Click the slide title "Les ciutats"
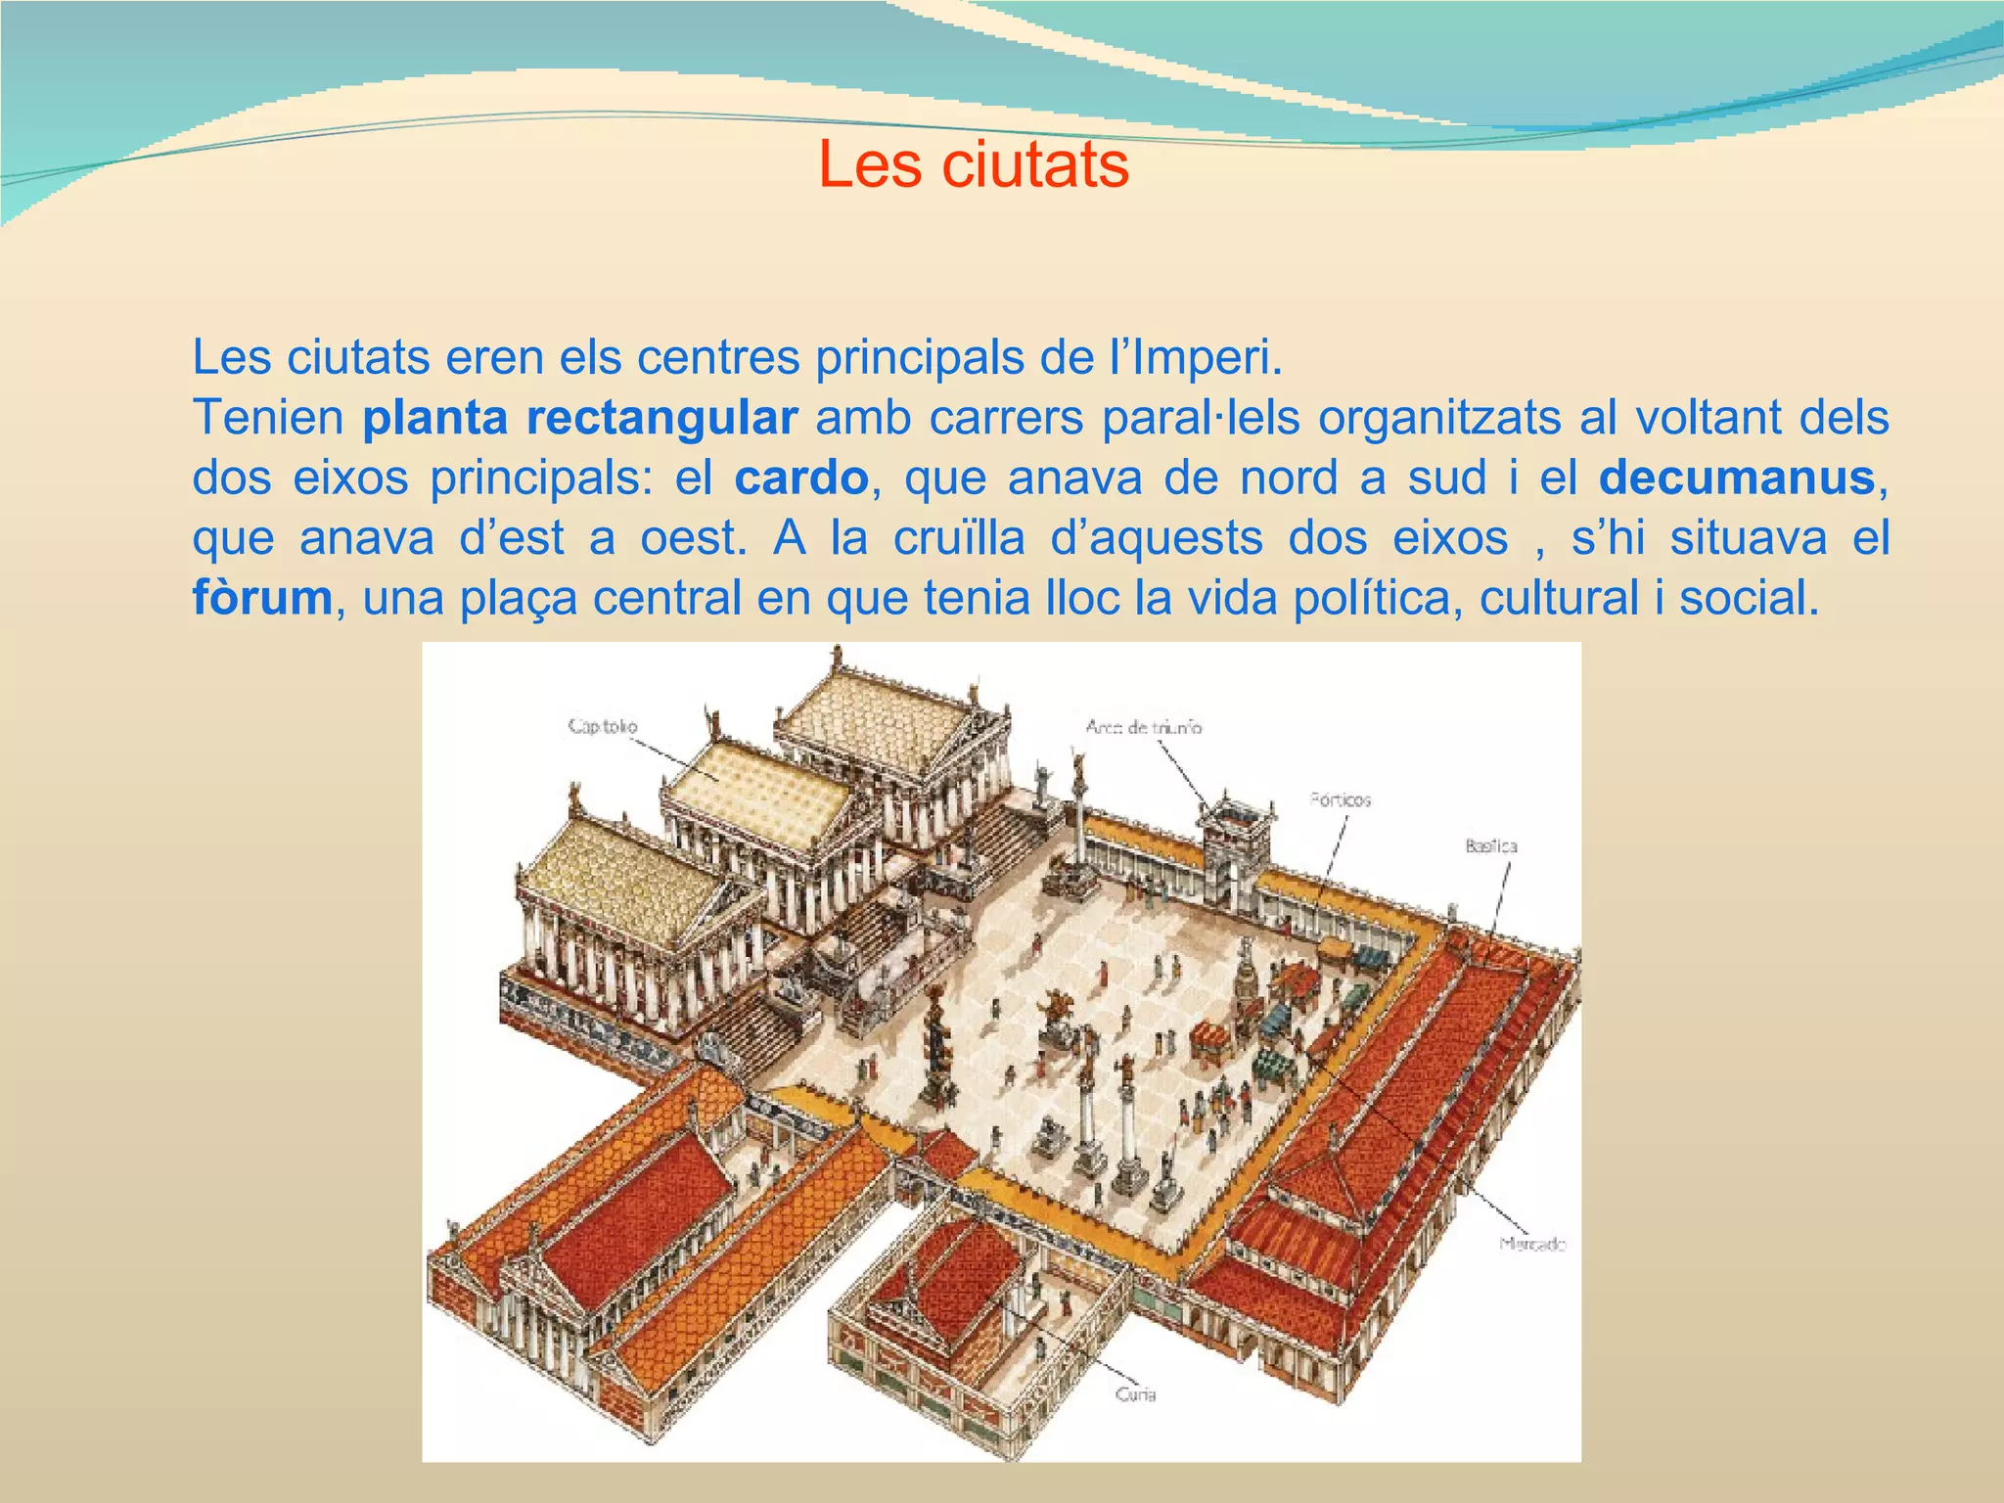(973, 164)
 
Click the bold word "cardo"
(801, 478)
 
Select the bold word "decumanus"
(1737, 478)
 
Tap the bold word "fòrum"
(262, 598)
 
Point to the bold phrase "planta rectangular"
(579, 418)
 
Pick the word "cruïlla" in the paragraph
(958, 538)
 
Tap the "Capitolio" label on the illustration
(603, 726)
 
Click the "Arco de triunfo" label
(1143, 727)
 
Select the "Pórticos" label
(1341, 800)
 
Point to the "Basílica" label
(1490, 846)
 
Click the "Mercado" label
(1532, 1245)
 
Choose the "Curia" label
(1135, 1394)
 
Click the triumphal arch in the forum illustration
(1237, 835)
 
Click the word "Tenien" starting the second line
(267, 418)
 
